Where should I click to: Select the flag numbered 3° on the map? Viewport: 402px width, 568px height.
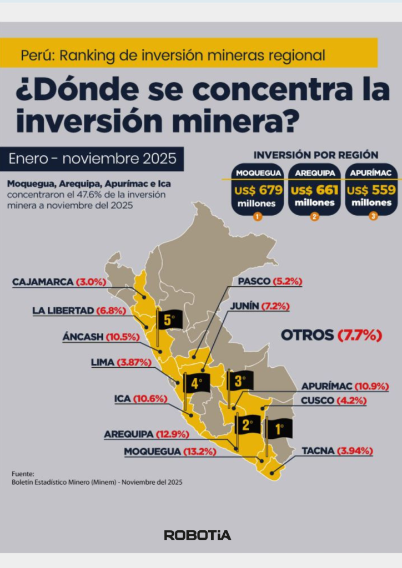[240, 381]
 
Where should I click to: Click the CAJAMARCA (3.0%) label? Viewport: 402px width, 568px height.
[59, 282]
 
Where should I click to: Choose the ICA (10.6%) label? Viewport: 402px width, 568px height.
[140, 398]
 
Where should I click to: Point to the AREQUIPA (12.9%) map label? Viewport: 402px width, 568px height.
[147, 434]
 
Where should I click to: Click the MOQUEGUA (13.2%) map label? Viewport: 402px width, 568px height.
[170, 452]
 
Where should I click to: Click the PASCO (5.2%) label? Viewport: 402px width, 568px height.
[270, 281]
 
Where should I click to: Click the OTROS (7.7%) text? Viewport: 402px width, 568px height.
[331, 335]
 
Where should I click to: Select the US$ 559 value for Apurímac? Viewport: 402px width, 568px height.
[371, 191]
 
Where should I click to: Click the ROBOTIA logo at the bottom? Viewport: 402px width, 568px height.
[198, 535]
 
